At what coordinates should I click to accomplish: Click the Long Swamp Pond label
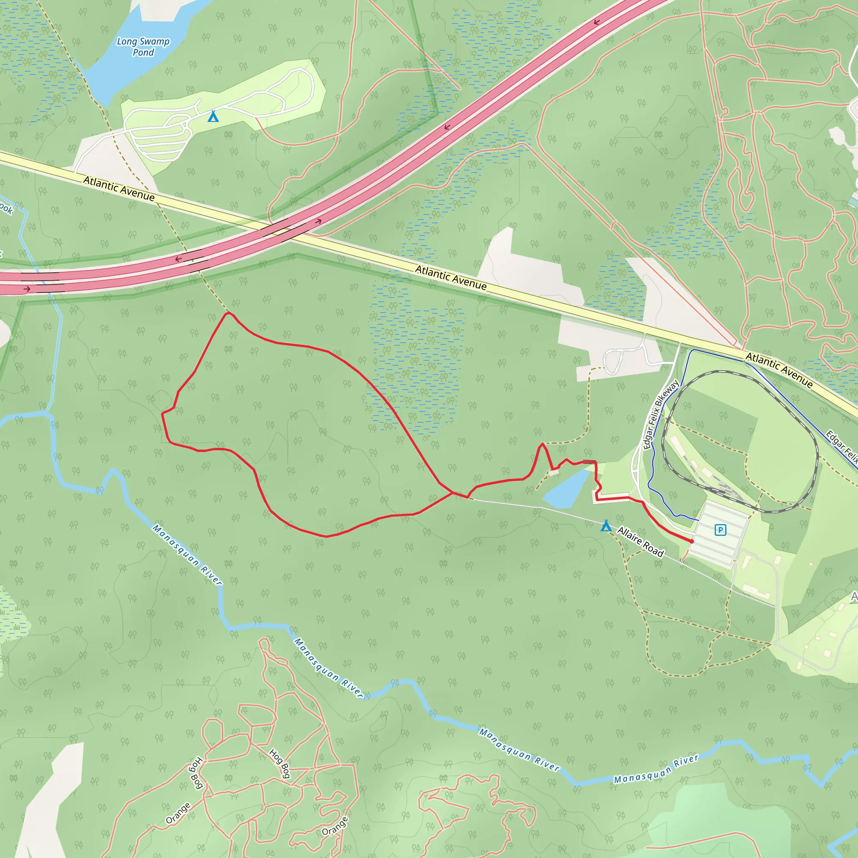pyautogui.click(x=143, y=47)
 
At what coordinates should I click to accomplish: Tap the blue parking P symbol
pyautogui.click(x=720, y=530)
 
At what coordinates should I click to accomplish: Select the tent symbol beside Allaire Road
pyautogui.click(x=606, y=526)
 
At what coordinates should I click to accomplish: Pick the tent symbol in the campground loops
pyautogui.click(x=213, y=116)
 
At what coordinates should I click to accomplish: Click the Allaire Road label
pyautogui.click(x=641, y=542)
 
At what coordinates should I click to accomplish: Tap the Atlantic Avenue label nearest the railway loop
pyautogui.click(x=779, y=370)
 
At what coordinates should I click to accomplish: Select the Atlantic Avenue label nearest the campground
pyautogui.click(x=119, y=188)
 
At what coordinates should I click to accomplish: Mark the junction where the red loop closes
pyautogui.click(x=452, y=493)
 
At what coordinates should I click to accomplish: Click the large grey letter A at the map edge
pyautogui.click(x=853, y=597)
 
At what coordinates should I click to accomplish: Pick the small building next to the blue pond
pyautogui.click(x=553, y=472)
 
